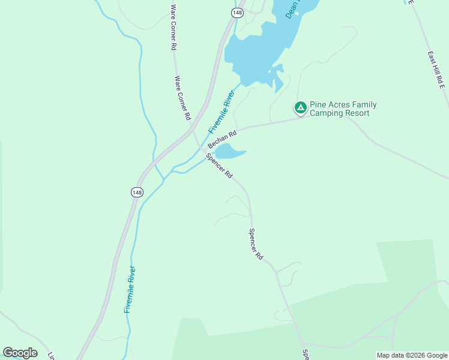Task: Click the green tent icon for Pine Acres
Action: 300,108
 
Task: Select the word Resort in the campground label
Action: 361,113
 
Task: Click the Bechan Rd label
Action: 222,139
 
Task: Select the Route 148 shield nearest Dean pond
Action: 238,13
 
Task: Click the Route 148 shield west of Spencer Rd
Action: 137,192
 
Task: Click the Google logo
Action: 20,353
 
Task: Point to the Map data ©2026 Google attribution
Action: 412,355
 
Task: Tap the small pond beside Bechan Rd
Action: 229,151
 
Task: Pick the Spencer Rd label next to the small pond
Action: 219,166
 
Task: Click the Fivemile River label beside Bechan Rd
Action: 220,111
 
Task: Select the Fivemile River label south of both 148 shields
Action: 130,289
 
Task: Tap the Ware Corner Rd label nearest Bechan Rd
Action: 182,97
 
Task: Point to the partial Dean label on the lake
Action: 292,9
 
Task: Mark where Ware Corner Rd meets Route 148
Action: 191,127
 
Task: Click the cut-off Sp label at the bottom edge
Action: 306,354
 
